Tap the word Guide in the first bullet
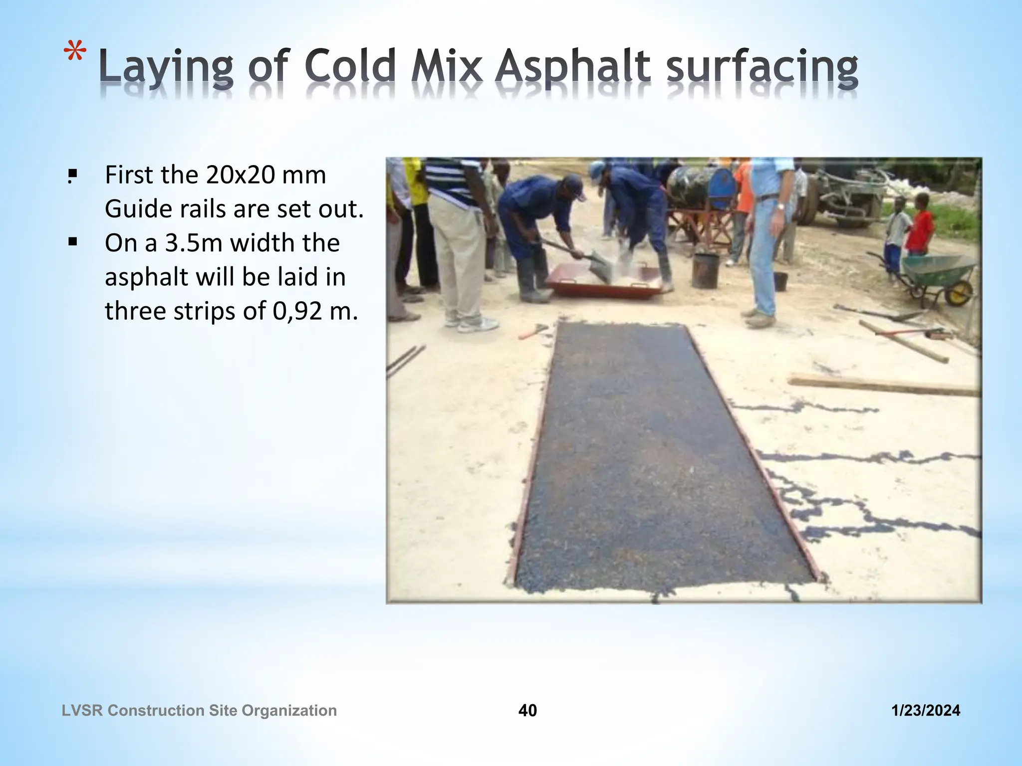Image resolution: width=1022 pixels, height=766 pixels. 136,209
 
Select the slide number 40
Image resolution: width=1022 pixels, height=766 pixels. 527,710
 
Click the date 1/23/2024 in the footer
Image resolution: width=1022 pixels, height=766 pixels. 926,710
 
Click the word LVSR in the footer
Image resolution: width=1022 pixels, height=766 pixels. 82,710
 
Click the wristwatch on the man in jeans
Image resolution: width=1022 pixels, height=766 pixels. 780,205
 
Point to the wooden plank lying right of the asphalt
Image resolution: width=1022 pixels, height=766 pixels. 883,384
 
